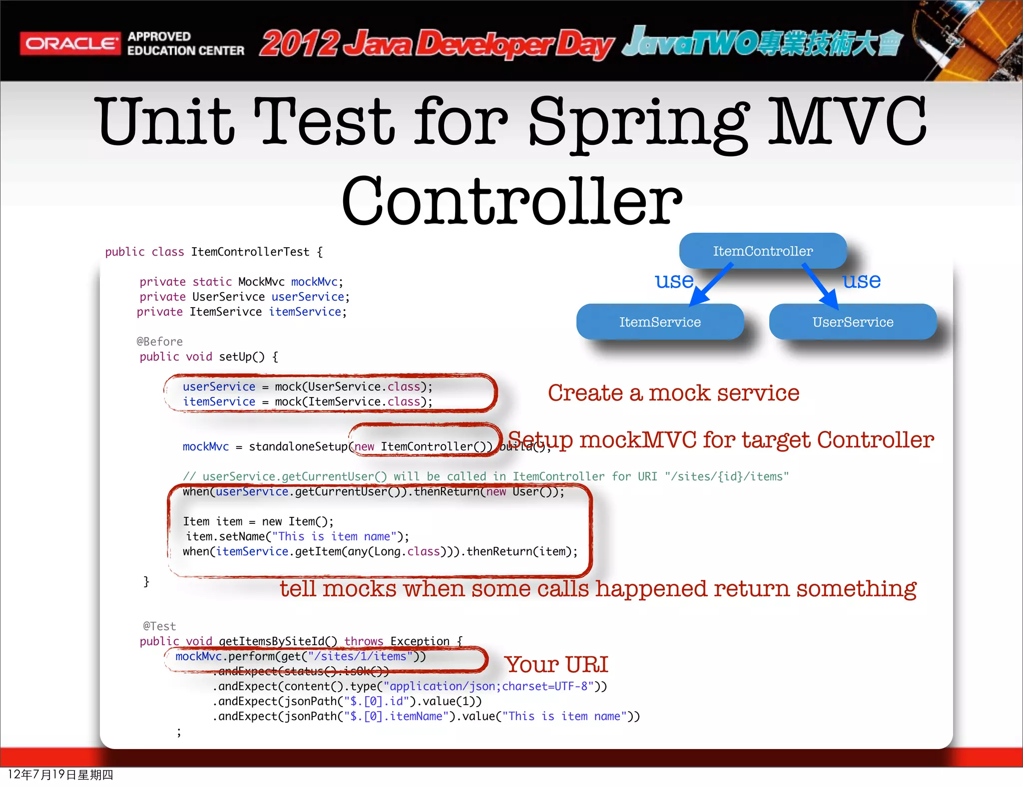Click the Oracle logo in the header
coord(70,43)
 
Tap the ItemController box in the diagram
coord(762,251)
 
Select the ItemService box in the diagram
coord(660,322)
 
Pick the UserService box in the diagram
coord(853,322)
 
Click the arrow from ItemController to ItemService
coord(711,284)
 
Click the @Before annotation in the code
coord(159,342)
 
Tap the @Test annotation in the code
coord(159,626)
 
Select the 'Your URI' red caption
coord(556,665)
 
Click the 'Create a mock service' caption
coord(673,393)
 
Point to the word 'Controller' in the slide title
coord(511,201)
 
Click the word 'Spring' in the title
coord(639,122)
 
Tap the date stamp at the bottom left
coord(60,775)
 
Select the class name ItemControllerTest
coord(250,252)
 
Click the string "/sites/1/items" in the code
coord(360,656)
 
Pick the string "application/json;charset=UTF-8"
coord(489,686)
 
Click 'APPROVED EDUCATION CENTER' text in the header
coord(185,43)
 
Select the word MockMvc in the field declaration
coord(261,282)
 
